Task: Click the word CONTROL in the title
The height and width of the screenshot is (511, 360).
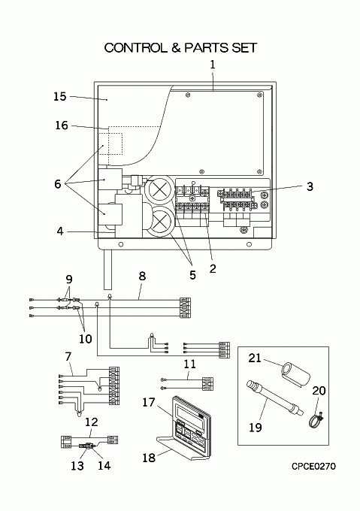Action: (x=135, y=48)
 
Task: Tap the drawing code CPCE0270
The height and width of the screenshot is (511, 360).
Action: (x=313, y=467)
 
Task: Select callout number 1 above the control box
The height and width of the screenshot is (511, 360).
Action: (x=213, y=65)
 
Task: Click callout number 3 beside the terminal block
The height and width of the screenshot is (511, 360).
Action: (x=310, y=186)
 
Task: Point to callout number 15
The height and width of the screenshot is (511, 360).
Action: (x=60, y=96)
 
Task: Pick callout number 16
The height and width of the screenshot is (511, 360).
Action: (x=62, y=125)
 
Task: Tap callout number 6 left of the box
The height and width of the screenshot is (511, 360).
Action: (x=58, y=184)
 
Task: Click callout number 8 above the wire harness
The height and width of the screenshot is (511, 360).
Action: (x=142, y=276)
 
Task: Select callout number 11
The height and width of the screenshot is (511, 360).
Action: (x=190, y=364)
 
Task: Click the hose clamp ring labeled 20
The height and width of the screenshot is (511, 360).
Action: (x=315, y=420)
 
